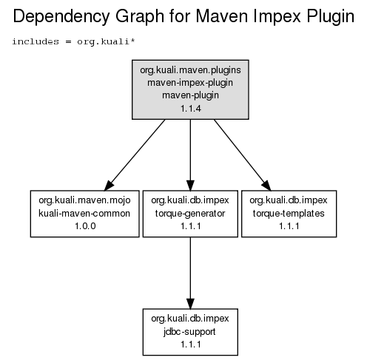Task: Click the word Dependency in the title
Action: click(61, 17)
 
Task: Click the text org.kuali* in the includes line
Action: click(106, 42)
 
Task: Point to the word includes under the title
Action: click(36, 41)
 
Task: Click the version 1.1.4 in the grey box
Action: click(191, 109)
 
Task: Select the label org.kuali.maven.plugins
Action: click(190, 70)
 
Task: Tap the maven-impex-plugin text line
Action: click(190, 83)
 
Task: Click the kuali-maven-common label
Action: click(84, 214)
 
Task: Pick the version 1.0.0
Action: click(85, 226)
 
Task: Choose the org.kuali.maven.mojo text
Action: click(84, 200)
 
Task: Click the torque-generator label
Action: click(190, 214)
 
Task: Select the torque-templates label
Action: click(289, 214)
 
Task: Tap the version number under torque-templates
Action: click(289, 226)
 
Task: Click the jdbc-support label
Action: click(189, 332)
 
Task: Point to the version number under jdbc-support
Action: click(191, 344)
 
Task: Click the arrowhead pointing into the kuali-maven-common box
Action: click(109, 186)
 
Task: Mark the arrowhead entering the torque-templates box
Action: click(267, 186)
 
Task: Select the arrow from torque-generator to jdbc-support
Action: click(190, 273)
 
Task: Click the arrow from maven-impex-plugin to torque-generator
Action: click(190, 155)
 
